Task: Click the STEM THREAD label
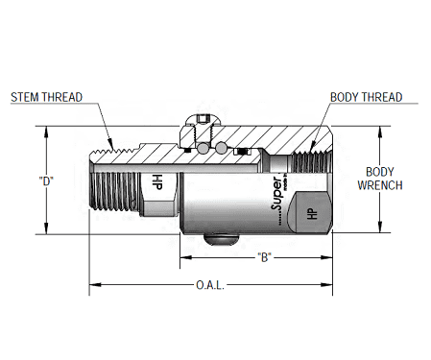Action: pos(47,97)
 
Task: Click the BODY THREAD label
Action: pos(366,97)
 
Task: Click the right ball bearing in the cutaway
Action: pos(222,149)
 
